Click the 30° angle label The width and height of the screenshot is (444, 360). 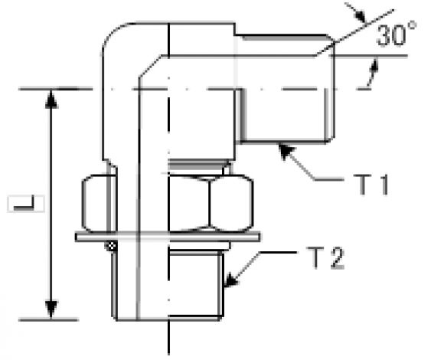(x=397, y=34)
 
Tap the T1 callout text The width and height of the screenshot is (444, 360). (x=371, y=185)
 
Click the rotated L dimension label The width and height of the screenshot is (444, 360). (x=26, y=204)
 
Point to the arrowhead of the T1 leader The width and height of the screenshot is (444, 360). (x=286, y=151)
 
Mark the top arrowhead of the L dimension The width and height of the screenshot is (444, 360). (x=51, y=99)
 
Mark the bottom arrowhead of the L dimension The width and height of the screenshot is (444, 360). (x=51, y=310)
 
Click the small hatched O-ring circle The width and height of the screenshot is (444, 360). (x=111, y=246)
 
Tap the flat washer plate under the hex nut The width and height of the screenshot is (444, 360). (x=168, y=237)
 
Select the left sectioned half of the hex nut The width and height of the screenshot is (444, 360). (x=99, y=203)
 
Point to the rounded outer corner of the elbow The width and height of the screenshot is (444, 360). (x=112, y=33)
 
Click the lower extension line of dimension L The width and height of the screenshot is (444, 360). (x=48, y=320)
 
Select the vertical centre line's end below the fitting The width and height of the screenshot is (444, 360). (x=168, y=354)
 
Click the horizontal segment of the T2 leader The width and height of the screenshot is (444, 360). (x=278, y=252)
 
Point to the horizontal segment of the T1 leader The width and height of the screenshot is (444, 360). (x=329, y=179)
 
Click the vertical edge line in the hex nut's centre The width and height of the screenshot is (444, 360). (x=210, y=203)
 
